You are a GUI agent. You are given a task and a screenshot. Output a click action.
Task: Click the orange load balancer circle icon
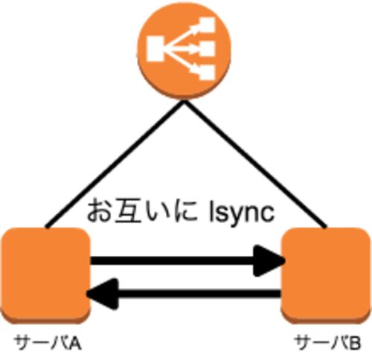(x=185, y=51)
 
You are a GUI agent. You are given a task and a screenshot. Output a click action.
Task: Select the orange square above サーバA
(x=45, y=276)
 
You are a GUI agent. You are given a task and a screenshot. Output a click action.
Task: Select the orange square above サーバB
(x=326, y=276)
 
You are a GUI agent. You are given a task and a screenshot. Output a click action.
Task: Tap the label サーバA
(x=48, y=344)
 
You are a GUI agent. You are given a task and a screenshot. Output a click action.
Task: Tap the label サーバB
(x=327, y=344)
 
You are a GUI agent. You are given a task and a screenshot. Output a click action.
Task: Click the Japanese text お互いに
(x=143, y=210)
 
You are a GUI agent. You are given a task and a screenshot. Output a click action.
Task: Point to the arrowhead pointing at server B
(x=269, y=260)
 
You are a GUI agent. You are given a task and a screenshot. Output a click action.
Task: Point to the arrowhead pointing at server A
(x=102, y=294)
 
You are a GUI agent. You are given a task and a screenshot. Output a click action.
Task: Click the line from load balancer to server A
(x=115, y=164)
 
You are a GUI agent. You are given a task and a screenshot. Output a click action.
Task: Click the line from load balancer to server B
(x=255, y=164)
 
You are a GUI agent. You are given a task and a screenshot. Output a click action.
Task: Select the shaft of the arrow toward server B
(x=173, y=260)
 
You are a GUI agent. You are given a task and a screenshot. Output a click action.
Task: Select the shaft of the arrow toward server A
(x=199, y=294)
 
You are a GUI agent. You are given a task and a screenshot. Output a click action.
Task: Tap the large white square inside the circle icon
(x=155, y=48)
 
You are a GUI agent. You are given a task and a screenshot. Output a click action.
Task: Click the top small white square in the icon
(x=206, y=24)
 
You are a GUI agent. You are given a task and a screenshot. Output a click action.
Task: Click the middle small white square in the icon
(x=206, y=48)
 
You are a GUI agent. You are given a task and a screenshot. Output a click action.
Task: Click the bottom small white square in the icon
(x=206, y=72)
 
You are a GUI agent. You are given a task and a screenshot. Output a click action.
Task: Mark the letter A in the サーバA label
(x=74, y=344)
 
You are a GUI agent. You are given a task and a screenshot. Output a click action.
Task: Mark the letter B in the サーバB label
(x=355, y=344)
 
